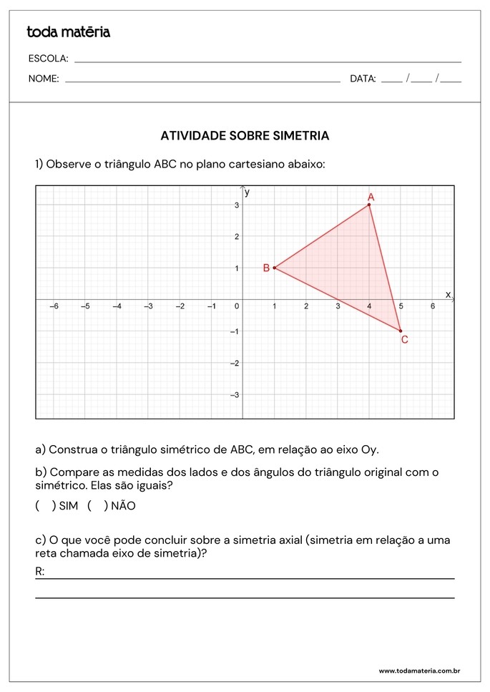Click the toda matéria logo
(x=68, y=32)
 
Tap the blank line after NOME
(x=202, y=80)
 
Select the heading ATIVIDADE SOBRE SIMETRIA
(x=245, y=135)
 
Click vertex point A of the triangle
(x=369, y=205)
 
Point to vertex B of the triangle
(x=274, y=268)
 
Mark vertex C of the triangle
(x=401, y=331)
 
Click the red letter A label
(x=371, y=196)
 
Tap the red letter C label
(x=404, y=340)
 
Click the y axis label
(x=247, y=192)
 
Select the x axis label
(x=449, y=294)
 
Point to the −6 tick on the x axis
(x=53, y=306)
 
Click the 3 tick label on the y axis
(x=236, y=205)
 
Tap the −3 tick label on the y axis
(x=234, y=395)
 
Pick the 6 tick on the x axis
(x=432, y=306)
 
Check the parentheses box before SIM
(x=45, y=506)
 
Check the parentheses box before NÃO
(x=97, y=506)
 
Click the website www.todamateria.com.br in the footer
(x=418, y=671)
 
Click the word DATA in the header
(x=363, y=79)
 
